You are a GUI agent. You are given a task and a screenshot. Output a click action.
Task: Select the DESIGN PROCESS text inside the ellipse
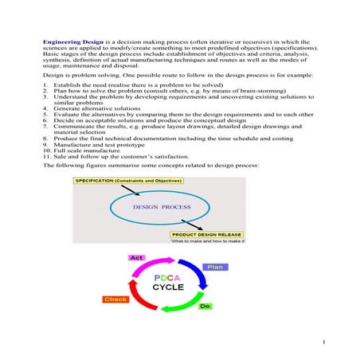[162, 207]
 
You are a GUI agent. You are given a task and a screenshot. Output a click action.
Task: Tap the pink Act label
[137, 258]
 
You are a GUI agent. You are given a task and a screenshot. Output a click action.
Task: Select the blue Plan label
[213, 267]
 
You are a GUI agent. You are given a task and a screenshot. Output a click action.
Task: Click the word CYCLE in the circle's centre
[169, 288]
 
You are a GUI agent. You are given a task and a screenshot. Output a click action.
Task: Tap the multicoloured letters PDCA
[168, 276]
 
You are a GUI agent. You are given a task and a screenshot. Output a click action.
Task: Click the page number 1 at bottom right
[325, 342]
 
